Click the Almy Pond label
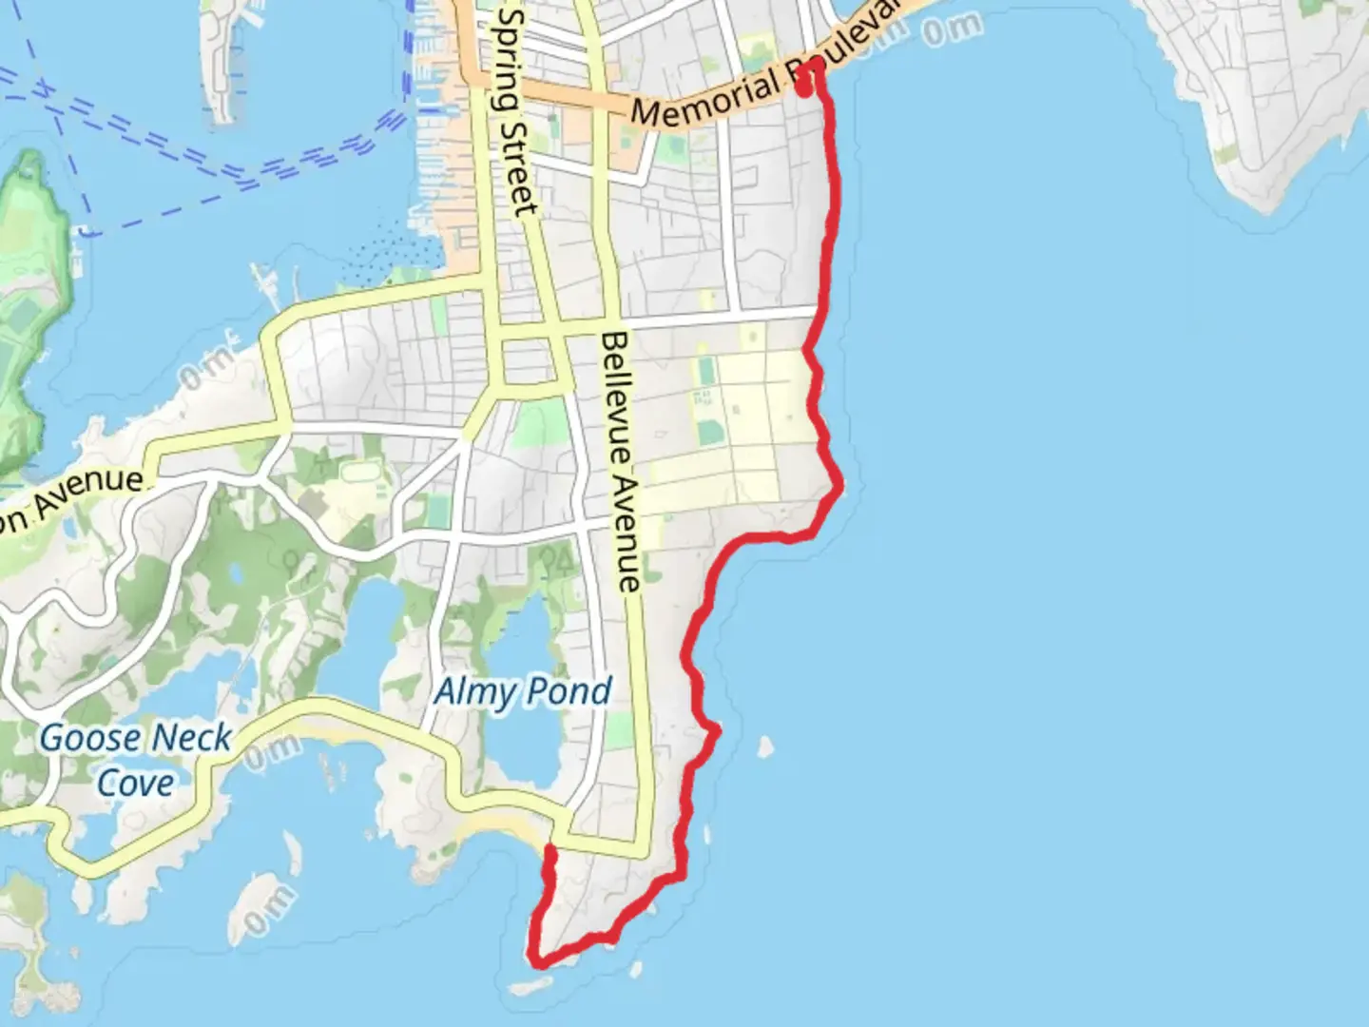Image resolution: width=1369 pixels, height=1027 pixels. [x=522, y=691]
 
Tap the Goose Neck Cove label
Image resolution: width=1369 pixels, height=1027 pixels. [x=135, y=760]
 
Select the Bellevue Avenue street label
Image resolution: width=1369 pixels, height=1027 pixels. [x=621, y=462]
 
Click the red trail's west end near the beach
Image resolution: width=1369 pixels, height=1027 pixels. [x=550, y=848]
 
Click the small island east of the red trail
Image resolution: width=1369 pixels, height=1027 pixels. [x=764, y=746]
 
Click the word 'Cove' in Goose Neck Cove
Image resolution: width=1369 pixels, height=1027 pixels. [x=136, y=783]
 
